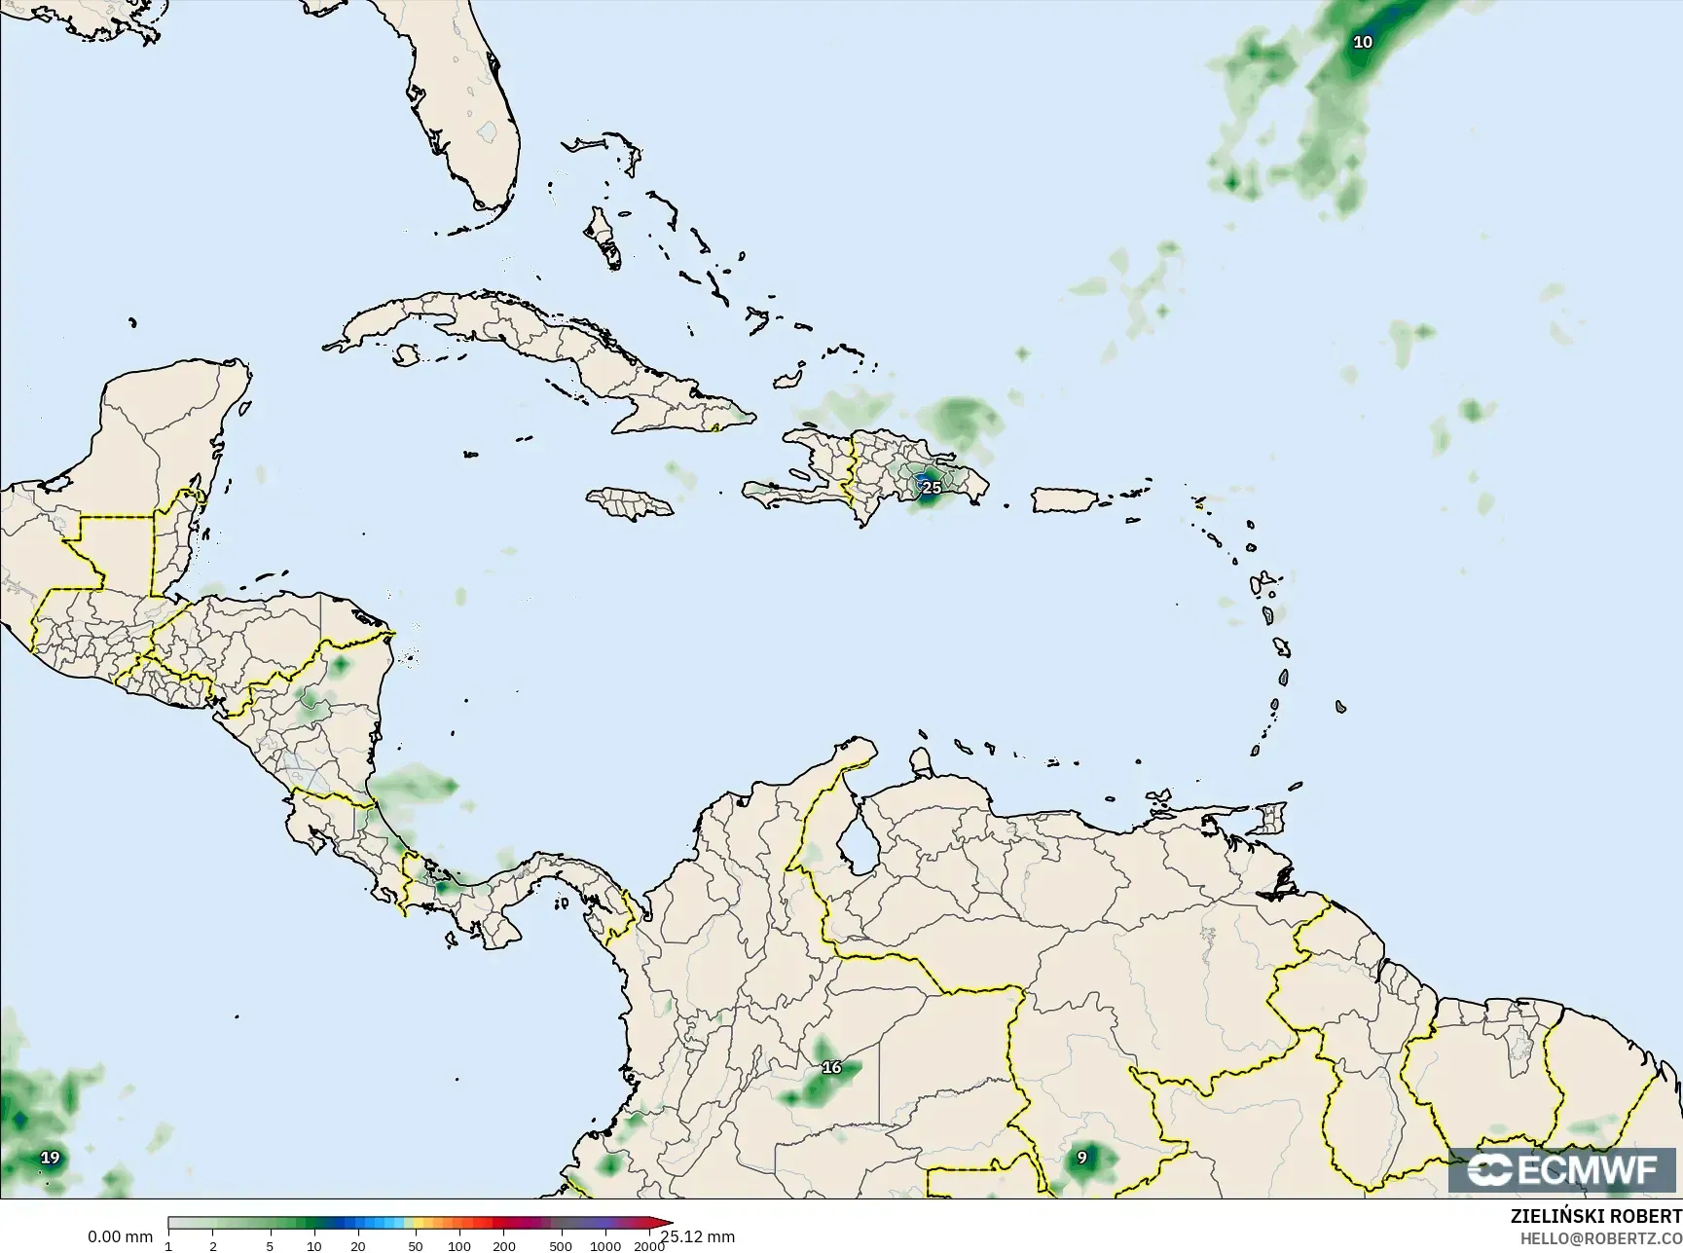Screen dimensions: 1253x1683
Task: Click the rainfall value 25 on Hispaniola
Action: [x=932, y=487]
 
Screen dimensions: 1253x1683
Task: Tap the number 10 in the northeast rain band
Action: [x=1363, y=42]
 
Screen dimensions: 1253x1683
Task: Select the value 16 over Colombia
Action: [x=831, y=1067]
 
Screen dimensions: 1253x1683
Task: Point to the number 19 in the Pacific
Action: [x=50, y=1158]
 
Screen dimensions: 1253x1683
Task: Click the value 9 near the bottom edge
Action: [x=1081, y=1158]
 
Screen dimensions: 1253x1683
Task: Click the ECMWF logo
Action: [x=1563, y=1170]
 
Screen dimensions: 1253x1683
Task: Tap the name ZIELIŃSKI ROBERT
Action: [x=1595, y=1216]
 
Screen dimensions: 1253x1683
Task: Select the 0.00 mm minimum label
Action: [x=120, y=1236]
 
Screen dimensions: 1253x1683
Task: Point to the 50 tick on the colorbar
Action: [x=416, y=1245]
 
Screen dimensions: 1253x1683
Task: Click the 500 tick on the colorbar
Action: [x=561, y=1245]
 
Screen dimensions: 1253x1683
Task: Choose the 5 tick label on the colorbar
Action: [x=270, y=1245]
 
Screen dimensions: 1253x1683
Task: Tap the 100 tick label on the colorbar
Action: [x=458, y=1245]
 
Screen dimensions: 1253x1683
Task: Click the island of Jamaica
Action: [x=629, y=502]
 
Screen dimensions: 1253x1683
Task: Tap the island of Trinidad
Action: [x=1268, y=818]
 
